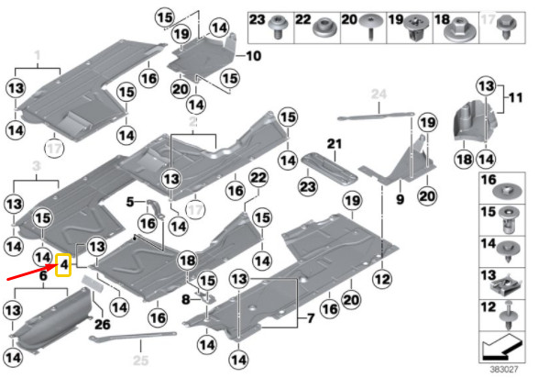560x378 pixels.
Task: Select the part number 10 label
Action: [253, 57]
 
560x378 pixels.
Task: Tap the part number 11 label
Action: [515, 96]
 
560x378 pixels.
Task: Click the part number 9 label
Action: [400, 196]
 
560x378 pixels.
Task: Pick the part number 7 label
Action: [310, 318]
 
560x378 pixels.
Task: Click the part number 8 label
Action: [185, 299]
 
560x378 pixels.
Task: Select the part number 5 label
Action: [131, 201]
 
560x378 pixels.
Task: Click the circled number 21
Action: [334, 143]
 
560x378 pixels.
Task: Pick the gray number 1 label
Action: [38, 56]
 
